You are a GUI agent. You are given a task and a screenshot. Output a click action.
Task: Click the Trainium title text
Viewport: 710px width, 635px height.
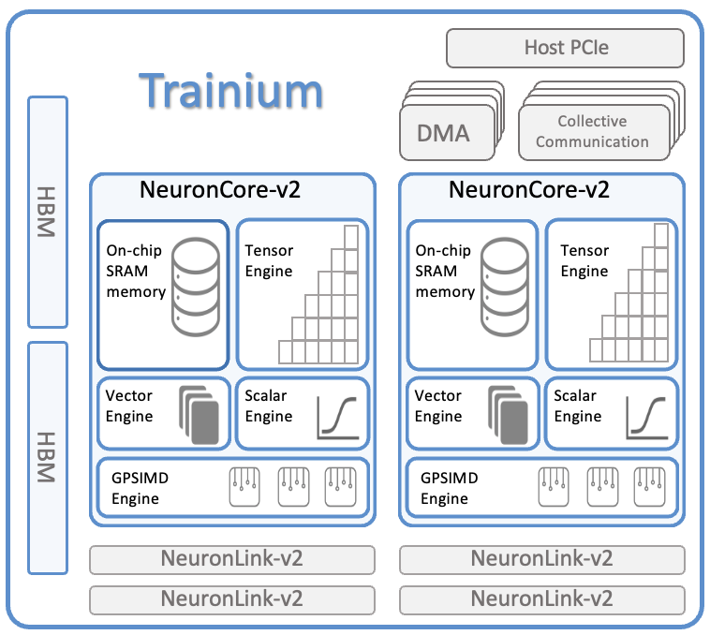coord(231,92)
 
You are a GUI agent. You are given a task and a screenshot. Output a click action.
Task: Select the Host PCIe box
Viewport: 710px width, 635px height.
coord(565,48)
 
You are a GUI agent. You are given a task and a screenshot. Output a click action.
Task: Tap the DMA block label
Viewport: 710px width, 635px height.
coord(444,132)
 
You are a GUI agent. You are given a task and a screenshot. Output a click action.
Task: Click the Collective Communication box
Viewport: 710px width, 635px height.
coord(592,132)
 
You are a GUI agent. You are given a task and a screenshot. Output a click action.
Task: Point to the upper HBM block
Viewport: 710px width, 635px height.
coord(48,212)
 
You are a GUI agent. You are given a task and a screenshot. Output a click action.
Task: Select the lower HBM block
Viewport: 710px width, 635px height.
coord(48,457)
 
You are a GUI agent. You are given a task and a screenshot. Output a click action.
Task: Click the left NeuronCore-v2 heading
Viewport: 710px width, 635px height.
coord(220,190)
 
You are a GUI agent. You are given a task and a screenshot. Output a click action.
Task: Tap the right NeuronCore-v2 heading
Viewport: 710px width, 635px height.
coord(529,190)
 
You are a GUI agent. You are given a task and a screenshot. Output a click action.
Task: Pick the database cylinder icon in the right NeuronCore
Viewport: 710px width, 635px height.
coord(505,288)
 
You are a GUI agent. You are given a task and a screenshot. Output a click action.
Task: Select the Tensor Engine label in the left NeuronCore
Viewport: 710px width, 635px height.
coord(269,261)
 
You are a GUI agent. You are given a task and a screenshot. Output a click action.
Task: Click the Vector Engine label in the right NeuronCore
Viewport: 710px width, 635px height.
coord(438,406)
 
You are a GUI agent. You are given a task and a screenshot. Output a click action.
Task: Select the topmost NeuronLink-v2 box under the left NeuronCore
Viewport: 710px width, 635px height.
coord(231,559)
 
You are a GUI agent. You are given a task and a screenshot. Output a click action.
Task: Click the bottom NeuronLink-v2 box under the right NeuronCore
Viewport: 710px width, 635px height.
coord(541,599)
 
